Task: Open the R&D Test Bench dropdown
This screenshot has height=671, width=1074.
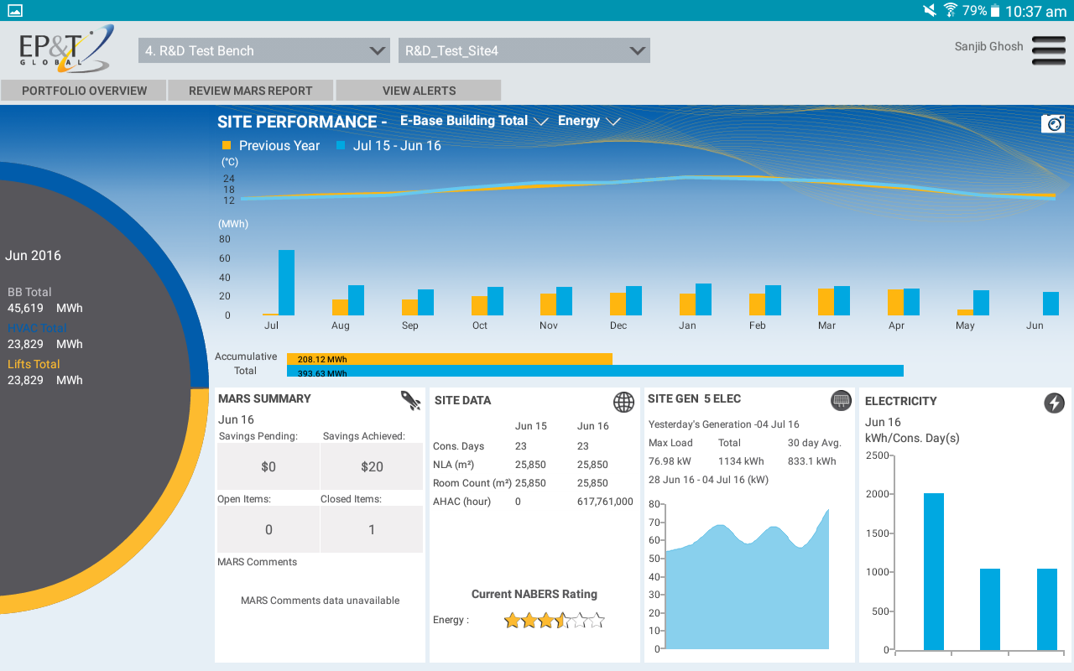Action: [263, 50]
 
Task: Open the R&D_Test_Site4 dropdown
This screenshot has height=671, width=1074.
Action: [524, 50]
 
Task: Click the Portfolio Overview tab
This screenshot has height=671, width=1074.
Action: [84, 91]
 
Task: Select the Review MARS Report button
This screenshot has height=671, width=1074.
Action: [250, 91]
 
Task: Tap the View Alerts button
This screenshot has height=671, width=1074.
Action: [419, 91]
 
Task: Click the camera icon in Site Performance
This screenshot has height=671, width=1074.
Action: [1052, 123]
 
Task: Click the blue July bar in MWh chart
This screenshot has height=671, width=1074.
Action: [286, 283]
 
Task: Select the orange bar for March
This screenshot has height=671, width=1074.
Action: [826, 302]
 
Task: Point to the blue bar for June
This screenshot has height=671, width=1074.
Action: [1051, 304]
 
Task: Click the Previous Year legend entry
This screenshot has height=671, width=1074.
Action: [270, 146]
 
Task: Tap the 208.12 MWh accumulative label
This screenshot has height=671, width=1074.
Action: [322, 359]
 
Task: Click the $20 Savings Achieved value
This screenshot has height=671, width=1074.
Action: [372, 466]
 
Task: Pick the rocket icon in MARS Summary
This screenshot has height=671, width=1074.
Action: [410, 400]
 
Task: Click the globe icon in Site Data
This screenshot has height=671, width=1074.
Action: [623, 402]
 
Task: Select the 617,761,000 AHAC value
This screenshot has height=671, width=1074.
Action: [605, 502]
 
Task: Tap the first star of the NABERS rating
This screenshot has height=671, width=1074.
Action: [512, 621]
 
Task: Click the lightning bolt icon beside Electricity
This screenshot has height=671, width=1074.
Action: [1054, 403]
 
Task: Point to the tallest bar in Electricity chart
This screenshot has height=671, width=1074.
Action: [934, 571]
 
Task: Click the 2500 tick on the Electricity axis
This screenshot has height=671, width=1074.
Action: [877, 455]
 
